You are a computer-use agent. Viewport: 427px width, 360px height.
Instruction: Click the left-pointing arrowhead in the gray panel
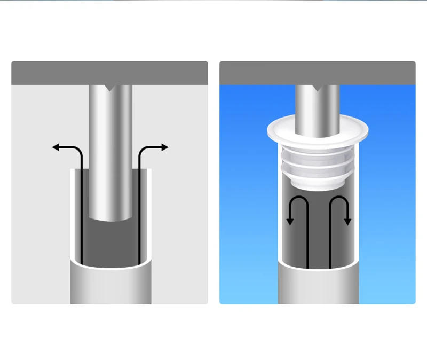56,147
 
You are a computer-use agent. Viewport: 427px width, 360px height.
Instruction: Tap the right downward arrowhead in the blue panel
347,221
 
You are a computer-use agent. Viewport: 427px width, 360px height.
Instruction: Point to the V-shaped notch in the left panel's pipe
110,88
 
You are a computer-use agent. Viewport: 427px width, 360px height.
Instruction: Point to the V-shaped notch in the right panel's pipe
319,88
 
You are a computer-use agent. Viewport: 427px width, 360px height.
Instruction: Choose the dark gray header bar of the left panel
109,73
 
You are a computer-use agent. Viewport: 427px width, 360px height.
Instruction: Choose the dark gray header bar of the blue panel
318,73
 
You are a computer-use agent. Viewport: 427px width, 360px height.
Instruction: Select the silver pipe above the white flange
318,104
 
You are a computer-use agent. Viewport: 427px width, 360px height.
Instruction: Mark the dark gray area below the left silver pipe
110,240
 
